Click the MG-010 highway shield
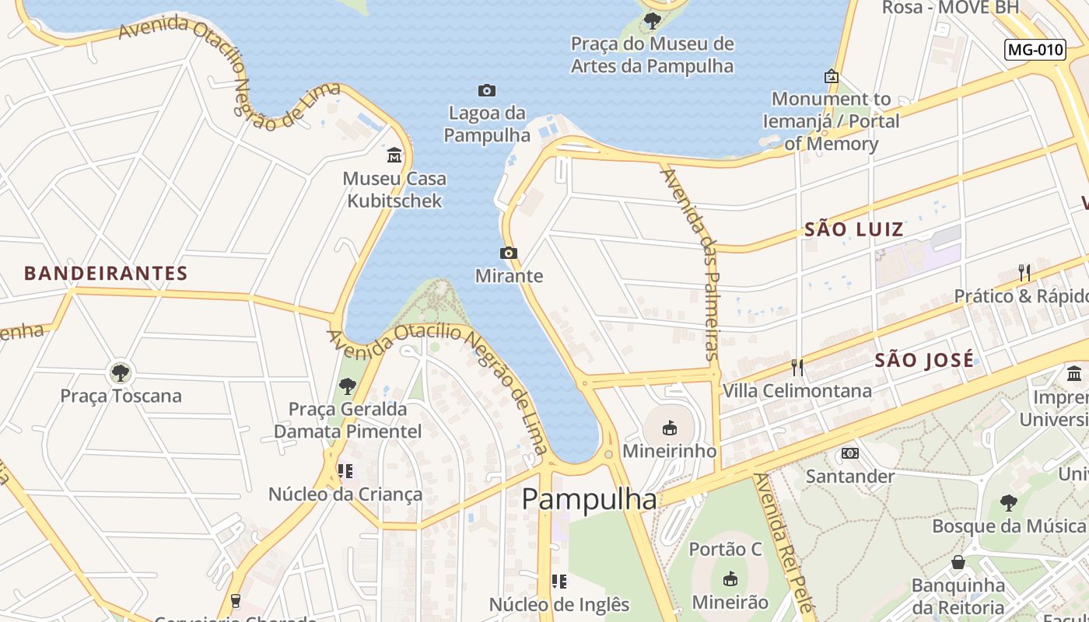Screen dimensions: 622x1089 1035,50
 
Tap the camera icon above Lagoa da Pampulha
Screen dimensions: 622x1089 487,91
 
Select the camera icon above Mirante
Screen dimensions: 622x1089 509,253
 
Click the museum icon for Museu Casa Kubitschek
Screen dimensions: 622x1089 394,155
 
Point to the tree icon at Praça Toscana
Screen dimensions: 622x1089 120,372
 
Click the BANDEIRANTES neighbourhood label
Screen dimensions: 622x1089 106,274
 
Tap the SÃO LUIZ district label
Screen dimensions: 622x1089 854,229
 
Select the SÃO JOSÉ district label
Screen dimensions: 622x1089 924,360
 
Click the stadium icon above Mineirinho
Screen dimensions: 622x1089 669,428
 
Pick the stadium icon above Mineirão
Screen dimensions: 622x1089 730,578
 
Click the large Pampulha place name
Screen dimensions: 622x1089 589,499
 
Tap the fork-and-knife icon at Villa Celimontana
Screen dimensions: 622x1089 797,367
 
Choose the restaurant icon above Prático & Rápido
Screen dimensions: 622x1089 1024,273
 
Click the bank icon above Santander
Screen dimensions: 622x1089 849,453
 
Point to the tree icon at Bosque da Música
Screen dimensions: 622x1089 1008,503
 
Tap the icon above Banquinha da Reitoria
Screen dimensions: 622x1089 958,562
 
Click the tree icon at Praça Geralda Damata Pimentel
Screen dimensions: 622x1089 347,386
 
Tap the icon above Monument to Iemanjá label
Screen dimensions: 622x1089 831,76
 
